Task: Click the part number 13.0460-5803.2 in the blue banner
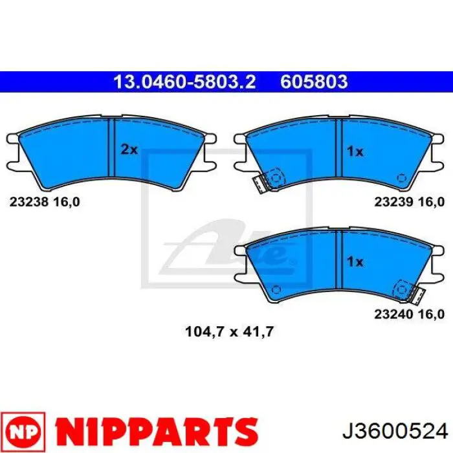(184, 82)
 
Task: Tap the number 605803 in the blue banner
(314, 82)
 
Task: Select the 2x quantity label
(129, 149)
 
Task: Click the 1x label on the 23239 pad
(355, 151)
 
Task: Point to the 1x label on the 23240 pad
(355, 262)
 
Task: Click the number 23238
(29, 202)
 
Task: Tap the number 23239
(393, 202)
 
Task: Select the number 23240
(393, 314)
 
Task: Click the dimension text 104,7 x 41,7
(229, 331)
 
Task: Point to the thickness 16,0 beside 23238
(67, 202)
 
